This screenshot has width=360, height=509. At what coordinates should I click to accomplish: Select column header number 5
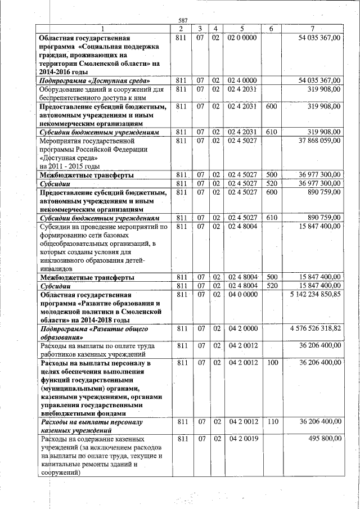(x=241, y=29)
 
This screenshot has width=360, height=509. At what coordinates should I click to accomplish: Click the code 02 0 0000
(x=241, y=37)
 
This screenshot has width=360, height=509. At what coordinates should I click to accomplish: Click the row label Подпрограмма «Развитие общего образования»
(x=93, y=332)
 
